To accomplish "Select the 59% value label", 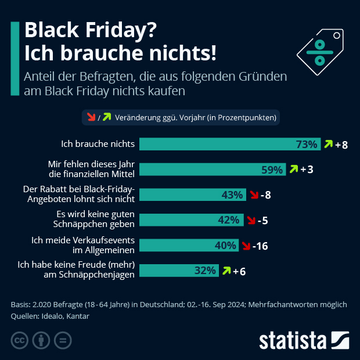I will (x=272, y=170).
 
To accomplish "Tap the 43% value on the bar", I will (x=232, y=195).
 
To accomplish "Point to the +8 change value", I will (x=341, y=145).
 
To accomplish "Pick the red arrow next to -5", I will (x=251, y=220).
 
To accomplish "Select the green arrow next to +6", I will (x=225, y=271).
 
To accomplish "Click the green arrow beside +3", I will (x=293, y=170).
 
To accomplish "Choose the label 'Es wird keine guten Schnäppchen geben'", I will (x=91, y=219).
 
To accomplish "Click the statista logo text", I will (x=293, y=340).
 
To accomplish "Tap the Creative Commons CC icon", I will (x=20, y=340).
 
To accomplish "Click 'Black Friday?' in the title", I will (x=90, y=30).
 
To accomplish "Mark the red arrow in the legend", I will (x=91, y=117).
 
